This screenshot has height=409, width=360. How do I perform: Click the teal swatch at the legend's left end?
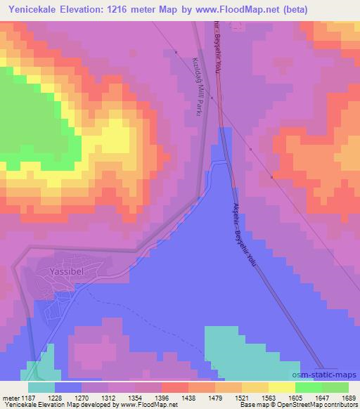click(x=41, y=387)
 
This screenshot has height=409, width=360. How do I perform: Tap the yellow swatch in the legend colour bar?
click(x=281, y=387)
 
